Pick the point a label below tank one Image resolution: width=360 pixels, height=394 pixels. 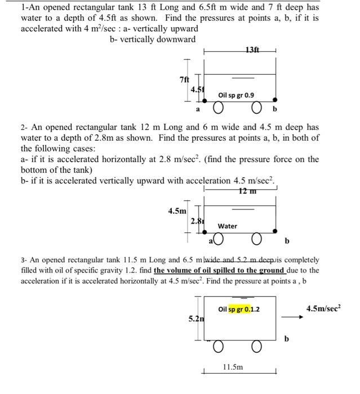198,108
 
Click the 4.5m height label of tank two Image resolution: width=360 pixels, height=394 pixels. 177,211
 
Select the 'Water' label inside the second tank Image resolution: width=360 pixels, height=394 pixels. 228,226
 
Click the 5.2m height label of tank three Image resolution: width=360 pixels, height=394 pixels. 195,319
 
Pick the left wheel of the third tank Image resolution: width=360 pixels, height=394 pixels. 217,344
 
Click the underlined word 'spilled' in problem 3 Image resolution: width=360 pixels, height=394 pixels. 208,270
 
